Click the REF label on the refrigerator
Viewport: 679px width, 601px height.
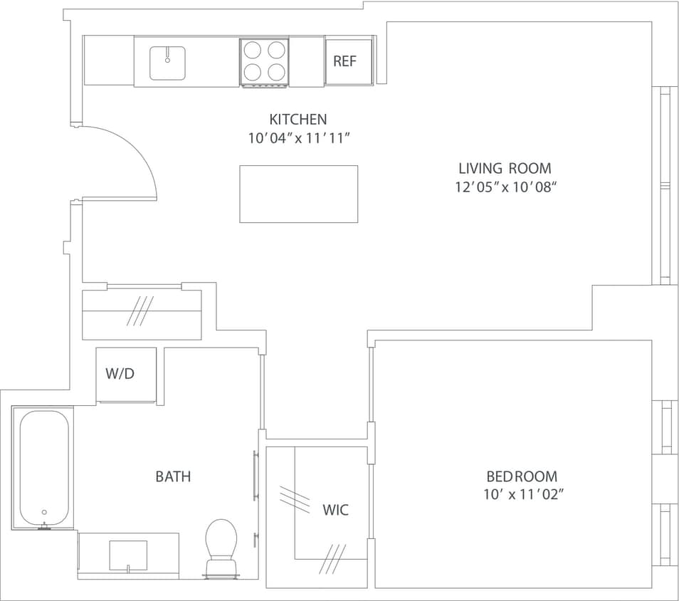click(x=344, y=61)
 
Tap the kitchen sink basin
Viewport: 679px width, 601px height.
click(x=167, y=63)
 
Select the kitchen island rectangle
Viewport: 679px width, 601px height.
click(x=298, y=194)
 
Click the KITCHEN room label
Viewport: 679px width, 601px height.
click(x=298, y=120)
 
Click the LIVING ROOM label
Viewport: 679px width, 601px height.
click(x=504, y=169)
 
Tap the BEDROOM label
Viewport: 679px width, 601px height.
click(x=522, y=476)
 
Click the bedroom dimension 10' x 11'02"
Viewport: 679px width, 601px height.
click(x=525, y=494)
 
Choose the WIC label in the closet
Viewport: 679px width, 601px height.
click(x=335, y=510)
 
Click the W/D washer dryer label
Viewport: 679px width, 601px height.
click(x=120, y=374)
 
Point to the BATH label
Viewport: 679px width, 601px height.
click(x=173, y=476)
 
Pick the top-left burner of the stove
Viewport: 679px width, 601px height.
click(x=253, y=50)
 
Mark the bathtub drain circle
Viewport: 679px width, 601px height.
click(x=44, y=512)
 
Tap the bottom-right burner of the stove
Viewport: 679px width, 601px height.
click(x=275, y=71)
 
